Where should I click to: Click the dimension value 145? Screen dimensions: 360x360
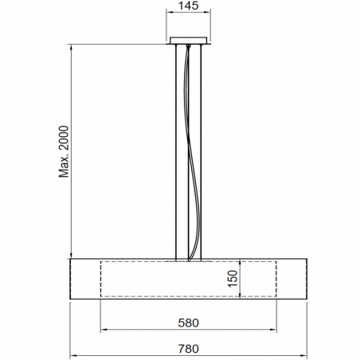click(x=189, y=6)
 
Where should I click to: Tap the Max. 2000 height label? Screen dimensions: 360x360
click(x=65, y=151)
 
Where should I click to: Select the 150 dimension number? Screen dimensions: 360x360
click(x=233, y=279)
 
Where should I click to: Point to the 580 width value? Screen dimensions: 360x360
click(x=189, y=323)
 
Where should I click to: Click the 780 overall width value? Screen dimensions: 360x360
click(x=189, y=348)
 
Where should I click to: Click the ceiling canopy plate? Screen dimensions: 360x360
click(x=189, y=41)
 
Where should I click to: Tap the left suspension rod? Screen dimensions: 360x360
click(x=175, y=151)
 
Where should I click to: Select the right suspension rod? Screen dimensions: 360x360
click(x=203, y=151)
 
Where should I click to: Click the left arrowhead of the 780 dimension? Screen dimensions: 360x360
click(x=74, y=355)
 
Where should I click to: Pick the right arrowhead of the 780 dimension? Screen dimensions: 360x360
click(x=304, y=355)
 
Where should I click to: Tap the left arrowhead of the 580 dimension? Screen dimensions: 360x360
click(x=103, y=330)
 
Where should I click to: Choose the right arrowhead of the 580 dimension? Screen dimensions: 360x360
click(x=275, y=330)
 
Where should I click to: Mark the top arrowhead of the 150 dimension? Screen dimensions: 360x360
click(x=241, y=263)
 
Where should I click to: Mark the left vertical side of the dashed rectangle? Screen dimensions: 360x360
click(x=100, y=279)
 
